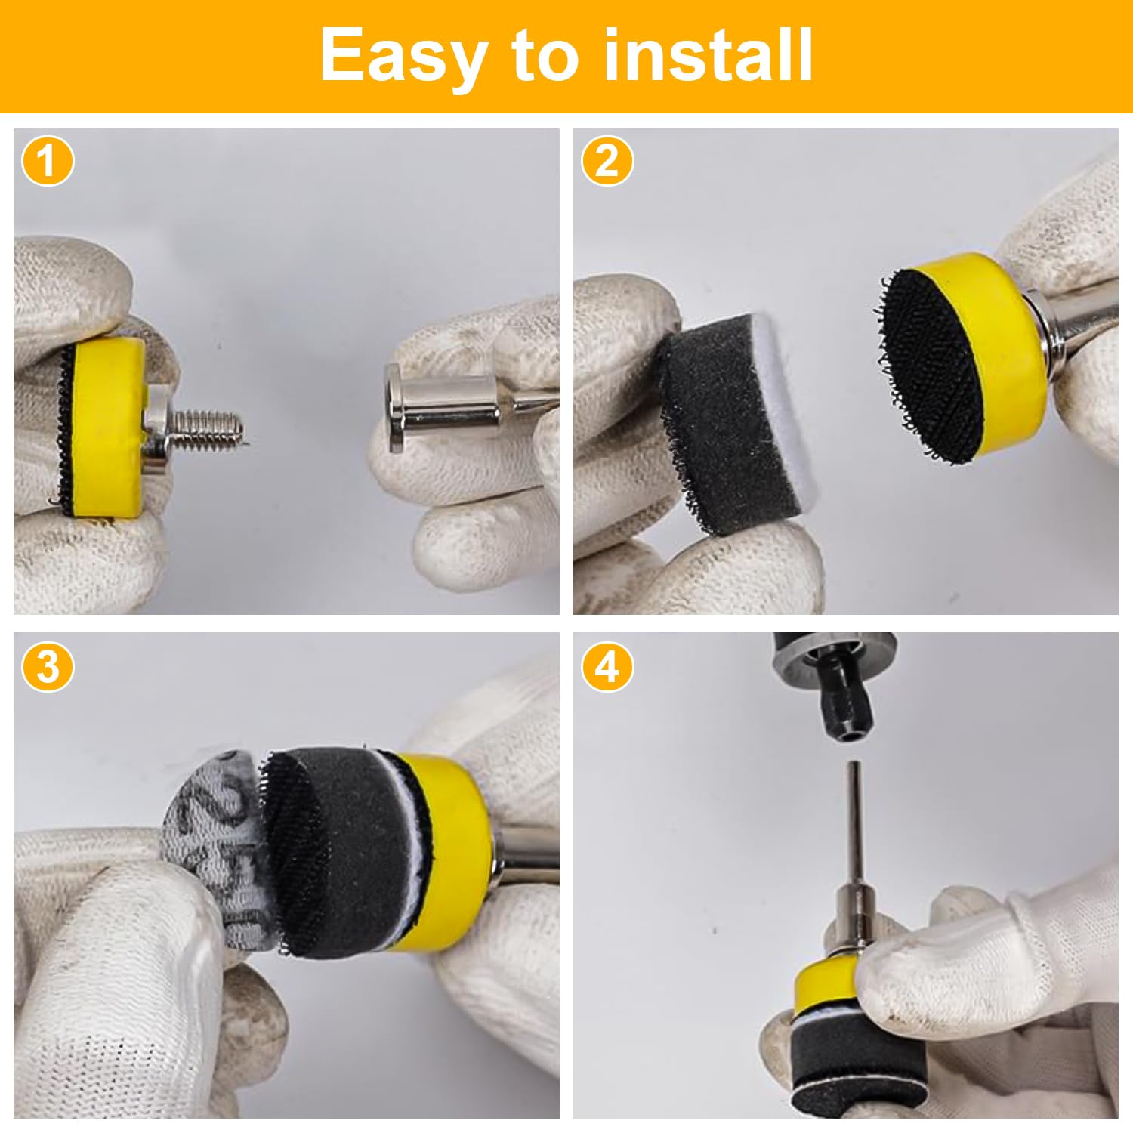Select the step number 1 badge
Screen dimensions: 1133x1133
(48, 161)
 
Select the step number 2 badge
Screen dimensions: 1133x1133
(607, 161)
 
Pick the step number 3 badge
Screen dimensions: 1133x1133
(48, 666)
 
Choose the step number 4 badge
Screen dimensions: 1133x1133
(607, 666)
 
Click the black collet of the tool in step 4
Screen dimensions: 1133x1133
(846, 710)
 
